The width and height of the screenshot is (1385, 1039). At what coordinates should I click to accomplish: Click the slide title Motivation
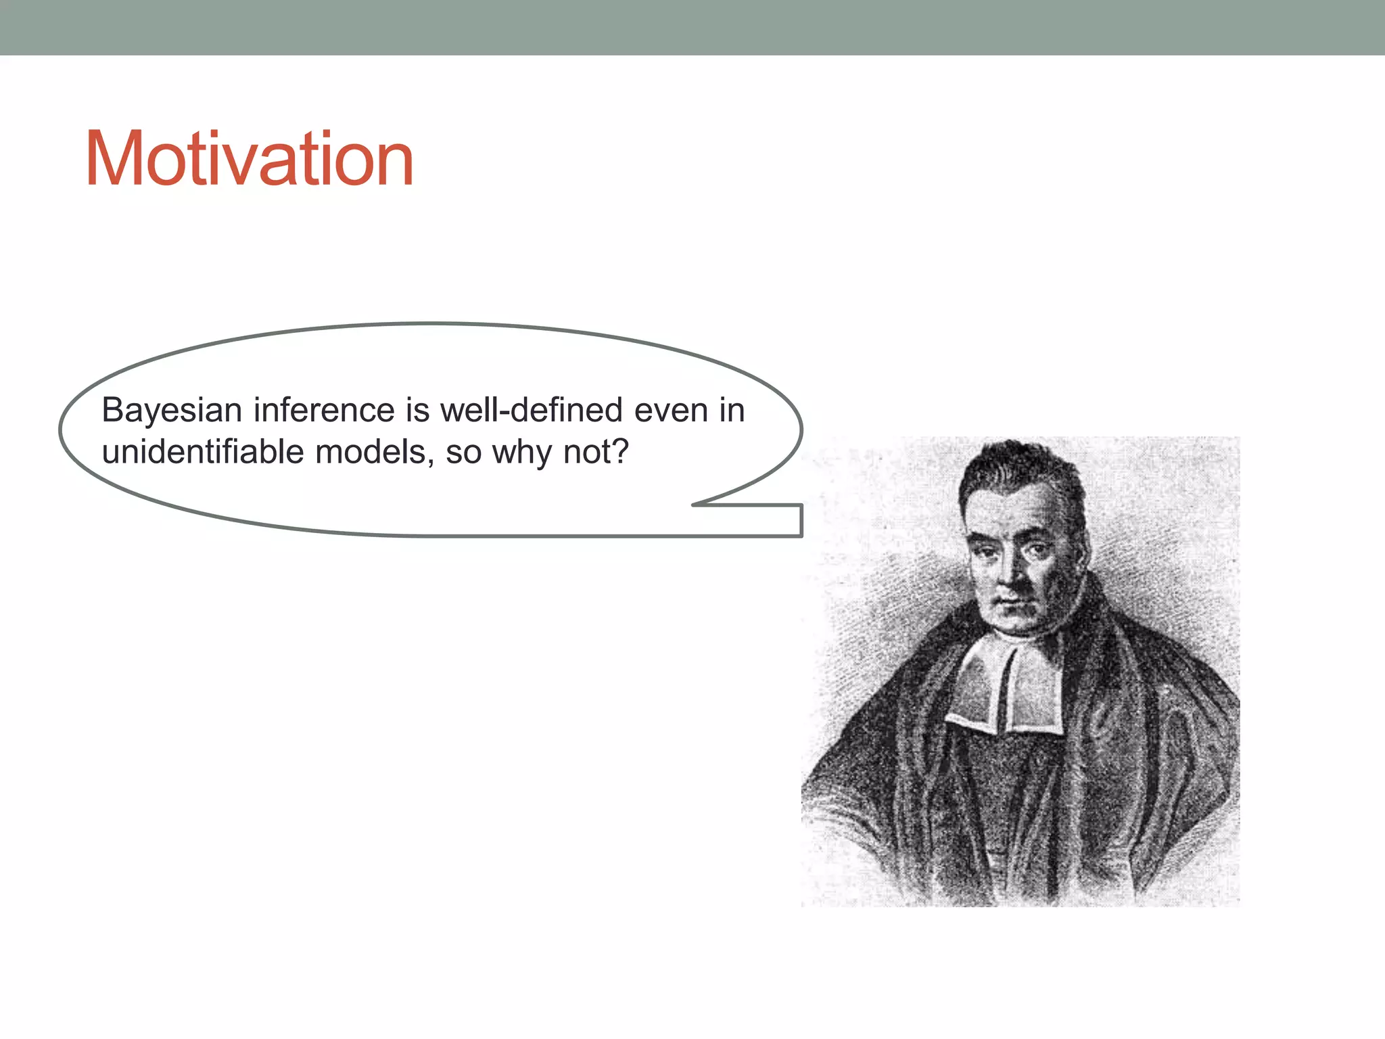click(249, 160)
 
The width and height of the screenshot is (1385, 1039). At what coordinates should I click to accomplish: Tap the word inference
click(324, 411)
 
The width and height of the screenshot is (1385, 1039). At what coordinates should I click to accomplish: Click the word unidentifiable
click(203, 452)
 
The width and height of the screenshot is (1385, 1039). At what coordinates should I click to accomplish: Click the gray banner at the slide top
click(692, 27)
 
